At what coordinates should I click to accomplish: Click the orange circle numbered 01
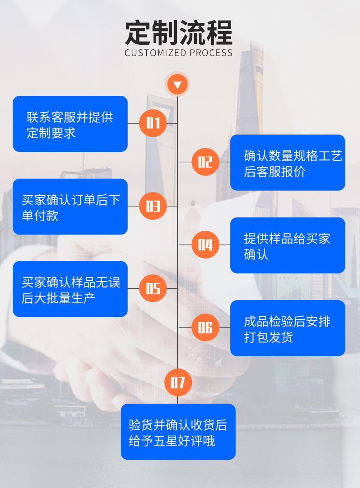tap(153, 123)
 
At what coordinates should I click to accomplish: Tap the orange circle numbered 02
tap(205, 162)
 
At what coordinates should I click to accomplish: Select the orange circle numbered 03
tap(153, 206)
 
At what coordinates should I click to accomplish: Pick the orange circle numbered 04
tap(205, 245)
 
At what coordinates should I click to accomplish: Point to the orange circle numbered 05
tap(153, 288)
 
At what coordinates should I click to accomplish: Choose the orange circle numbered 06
tap(205, 327)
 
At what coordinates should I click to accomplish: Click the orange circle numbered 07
tap(178, 383)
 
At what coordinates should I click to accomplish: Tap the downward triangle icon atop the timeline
tap(178, 84)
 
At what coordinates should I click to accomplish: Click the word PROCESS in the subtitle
tap(211, 53)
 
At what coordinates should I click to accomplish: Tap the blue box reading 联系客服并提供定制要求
tap(70, 124)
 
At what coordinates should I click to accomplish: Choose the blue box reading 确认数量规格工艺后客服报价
tap(288, 162)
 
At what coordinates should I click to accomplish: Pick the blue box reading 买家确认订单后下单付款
tap(70, 207)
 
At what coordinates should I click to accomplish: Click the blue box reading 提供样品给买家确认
tap(288, 245)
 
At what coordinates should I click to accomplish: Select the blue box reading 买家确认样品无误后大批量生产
tap(70, 289)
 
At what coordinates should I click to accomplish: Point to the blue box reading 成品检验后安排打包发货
tap(288, 328)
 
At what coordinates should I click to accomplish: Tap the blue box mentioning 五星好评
tap(178, 431)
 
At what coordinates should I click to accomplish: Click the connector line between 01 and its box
tap(134, 123)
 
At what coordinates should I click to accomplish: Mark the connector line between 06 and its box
tap(225, 327)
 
